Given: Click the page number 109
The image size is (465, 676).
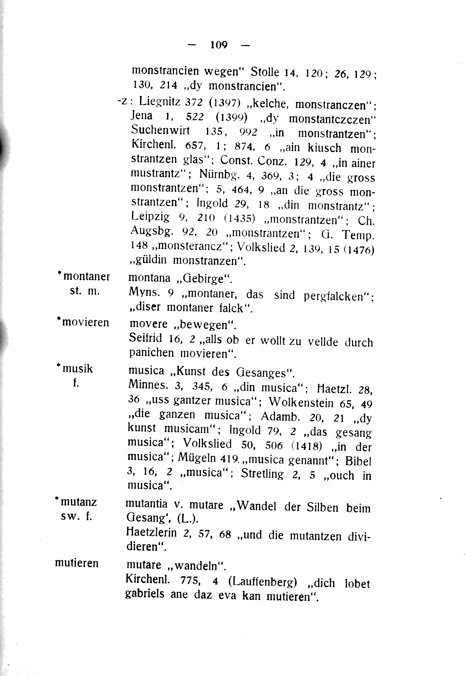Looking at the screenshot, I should point(219,45).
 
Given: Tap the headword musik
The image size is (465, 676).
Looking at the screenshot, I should point(78,369).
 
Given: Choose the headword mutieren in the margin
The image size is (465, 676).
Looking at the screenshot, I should point(77,563).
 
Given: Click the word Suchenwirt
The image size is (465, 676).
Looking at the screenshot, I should point(160,130).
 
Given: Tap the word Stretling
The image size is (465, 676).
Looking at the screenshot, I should point(262,474).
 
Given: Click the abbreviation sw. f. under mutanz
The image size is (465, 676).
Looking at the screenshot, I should point(76,516).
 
